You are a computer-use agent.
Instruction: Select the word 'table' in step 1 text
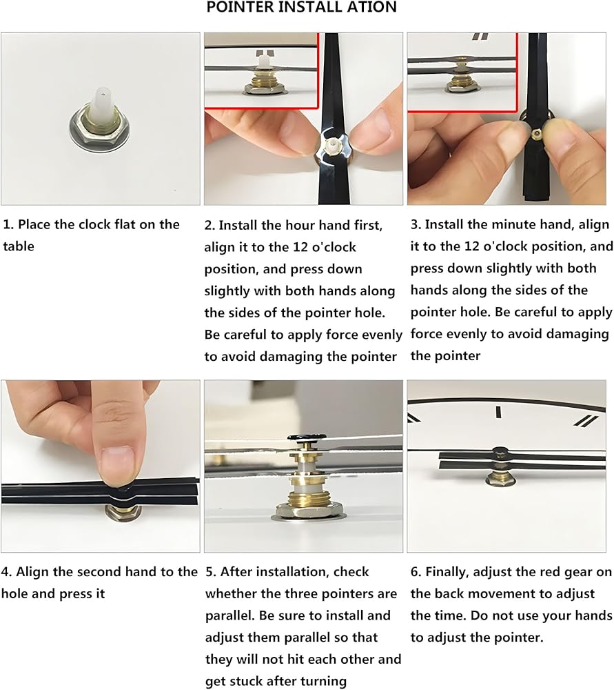click(19, 246)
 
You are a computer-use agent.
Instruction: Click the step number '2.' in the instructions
click(209, 225)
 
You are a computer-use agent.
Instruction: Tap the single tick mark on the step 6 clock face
click(498, 413)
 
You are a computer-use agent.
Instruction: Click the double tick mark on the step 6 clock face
click(586, 421)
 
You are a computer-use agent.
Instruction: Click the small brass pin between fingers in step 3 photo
click(537, 132)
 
